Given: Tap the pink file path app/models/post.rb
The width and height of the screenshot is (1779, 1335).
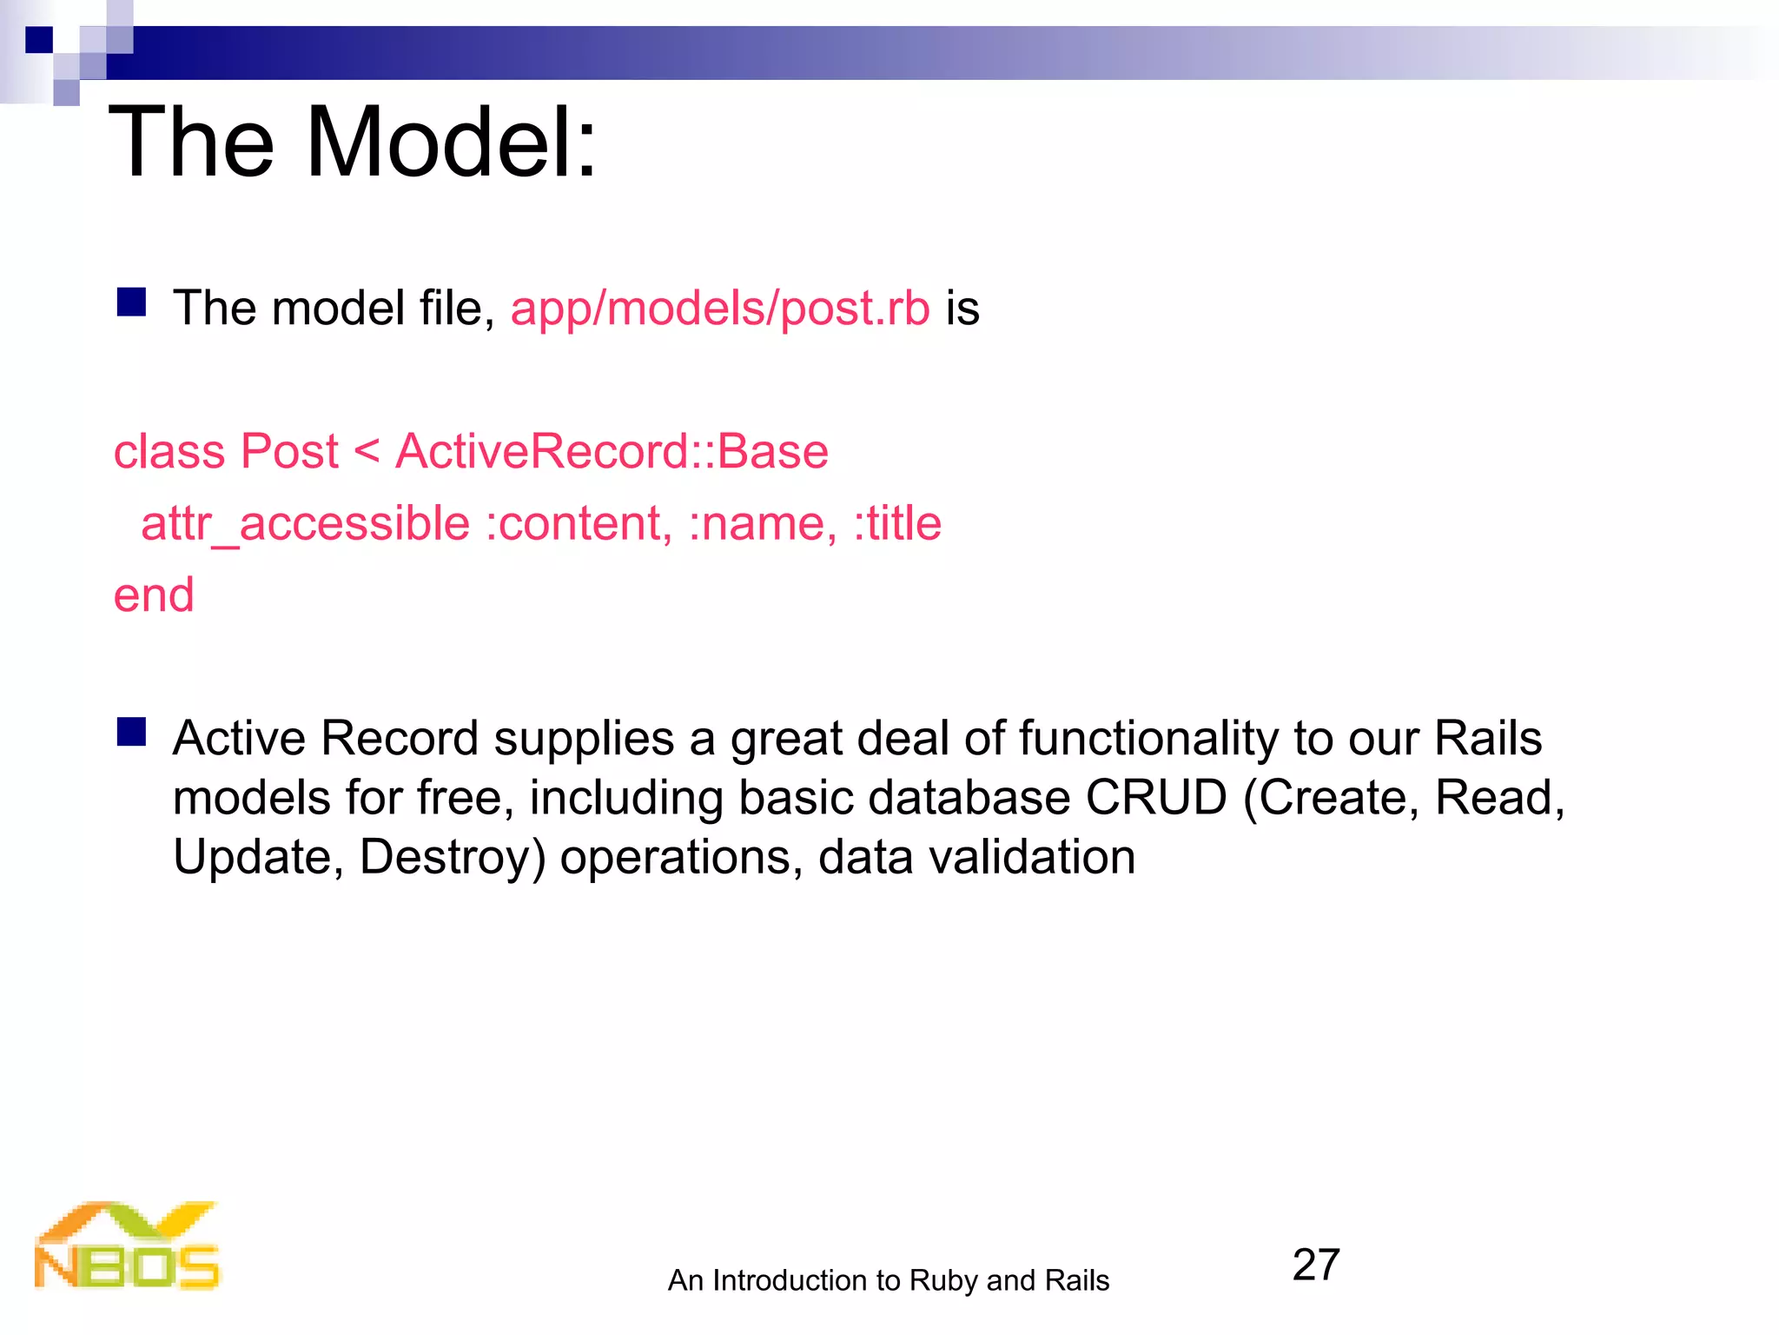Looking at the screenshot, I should tap(720, 309).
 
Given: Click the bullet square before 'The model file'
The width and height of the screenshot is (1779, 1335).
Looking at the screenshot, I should tap(131, 302).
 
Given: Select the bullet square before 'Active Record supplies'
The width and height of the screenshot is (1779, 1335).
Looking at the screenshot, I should tap(131, 732).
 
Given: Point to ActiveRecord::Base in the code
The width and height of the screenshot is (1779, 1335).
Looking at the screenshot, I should tap(612, 452).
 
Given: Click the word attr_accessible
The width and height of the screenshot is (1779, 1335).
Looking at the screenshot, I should tap(306, 524).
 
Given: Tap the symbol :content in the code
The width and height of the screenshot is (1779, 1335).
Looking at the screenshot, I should tap(579, 524).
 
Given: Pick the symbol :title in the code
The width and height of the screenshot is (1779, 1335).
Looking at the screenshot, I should tap(897, 524).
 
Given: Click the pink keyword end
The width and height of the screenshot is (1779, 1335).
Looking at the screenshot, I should tap(154, 596).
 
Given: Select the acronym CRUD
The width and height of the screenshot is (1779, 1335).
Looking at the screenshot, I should tap(1155, 798).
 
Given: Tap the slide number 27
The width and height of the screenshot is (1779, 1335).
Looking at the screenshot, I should tap(1315, 1265).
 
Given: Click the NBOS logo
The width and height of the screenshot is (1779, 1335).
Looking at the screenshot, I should tap(127, 1245).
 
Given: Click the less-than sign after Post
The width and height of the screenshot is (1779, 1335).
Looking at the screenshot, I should tap(367, 452).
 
